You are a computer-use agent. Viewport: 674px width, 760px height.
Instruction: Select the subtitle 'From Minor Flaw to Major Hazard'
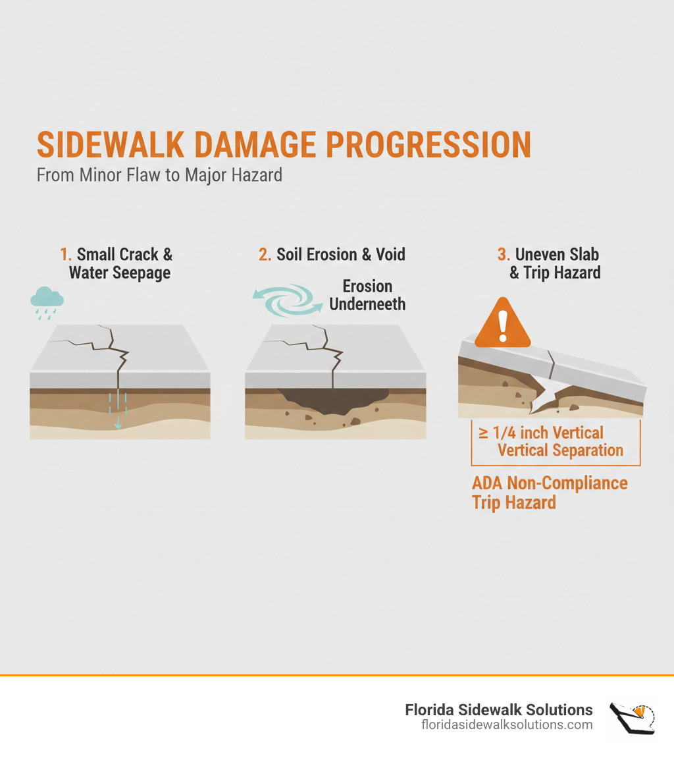[159, 176]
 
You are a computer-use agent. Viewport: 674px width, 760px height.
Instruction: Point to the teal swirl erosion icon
[288, 300]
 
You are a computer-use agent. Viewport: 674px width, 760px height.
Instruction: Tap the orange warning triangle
[502, 322]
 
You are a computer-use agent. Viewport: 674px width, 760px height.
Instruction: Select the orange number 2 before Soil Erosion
[265, 255]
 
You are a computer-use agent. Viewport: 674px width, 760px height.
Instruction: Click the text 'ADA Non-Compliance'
[550, 483]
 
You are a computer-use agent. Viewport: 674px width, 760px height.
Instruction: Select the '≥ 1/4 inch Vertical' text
[542, 433]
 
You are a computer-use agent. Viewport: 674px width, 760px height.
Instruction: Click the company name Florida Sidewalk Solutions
[498, 709]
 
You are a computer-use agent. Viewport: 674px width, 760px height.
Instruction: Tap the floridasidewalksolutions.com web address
[507, 724]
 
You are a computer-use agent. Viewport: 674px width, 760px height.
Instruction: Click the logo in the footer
[632, 717]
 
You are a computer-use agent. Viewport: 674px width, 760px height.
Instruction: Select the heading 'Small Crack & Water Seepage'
[120, 263]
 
